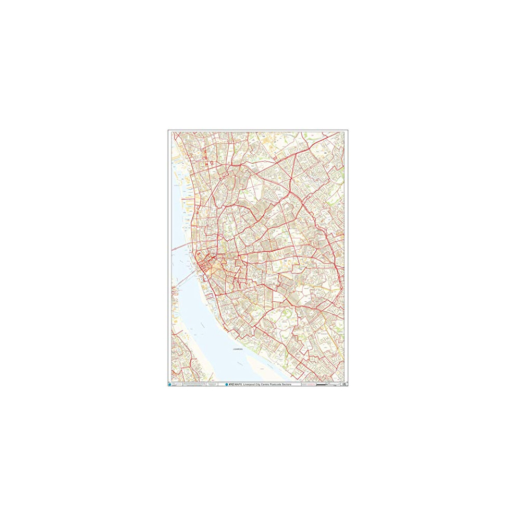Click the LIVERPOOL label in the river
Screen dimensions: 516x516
[x=238, y=350]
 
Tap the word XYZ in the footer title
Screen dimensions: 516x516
[x=231, y=384]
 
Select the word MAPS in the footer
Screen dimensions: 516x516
[x=239, y=384]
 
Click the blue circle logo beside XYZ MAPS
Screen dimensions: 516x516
[x=226, y=384]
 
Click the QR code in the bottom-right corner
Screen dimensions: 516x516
[x=345, y=384]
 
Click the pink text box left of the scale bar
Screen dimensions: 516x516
[x=309, y=384]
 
